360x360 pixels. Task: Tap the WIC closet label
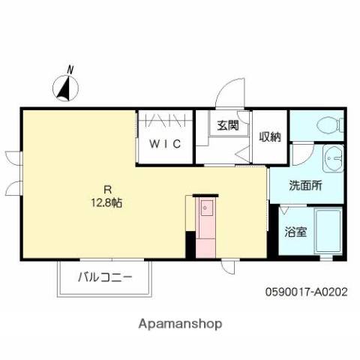pyautogui.click(x=164, y=144)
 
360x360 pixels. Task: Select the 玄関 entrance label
pyautogui.click(x=228, y=126)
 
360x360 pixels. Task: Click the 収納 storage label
pyautogui.click(x=270, y=136)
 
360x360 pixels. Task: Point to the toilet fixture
pyautogui.click(x=328, y=124)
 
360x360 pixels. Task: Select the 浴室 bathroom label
pyautogui.click(x=295, y=232)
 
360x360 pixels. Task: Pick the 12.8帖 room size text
pyautogui.click(x=107, y=202)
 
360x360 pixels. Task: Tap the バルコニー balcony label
pyautogui.click(x=106, y=277)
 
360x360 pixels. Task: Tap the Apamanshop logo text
pyautogui.click(x=180, y=325)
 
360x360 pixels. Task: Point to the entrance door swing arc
pyautogui.click(x=226, y=94)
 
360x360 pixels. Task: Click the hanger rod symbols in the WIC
pyautogui.click(x=166, y=119)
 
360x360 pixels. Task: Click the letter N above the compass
pyautogui.click(x=70, y=70)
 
